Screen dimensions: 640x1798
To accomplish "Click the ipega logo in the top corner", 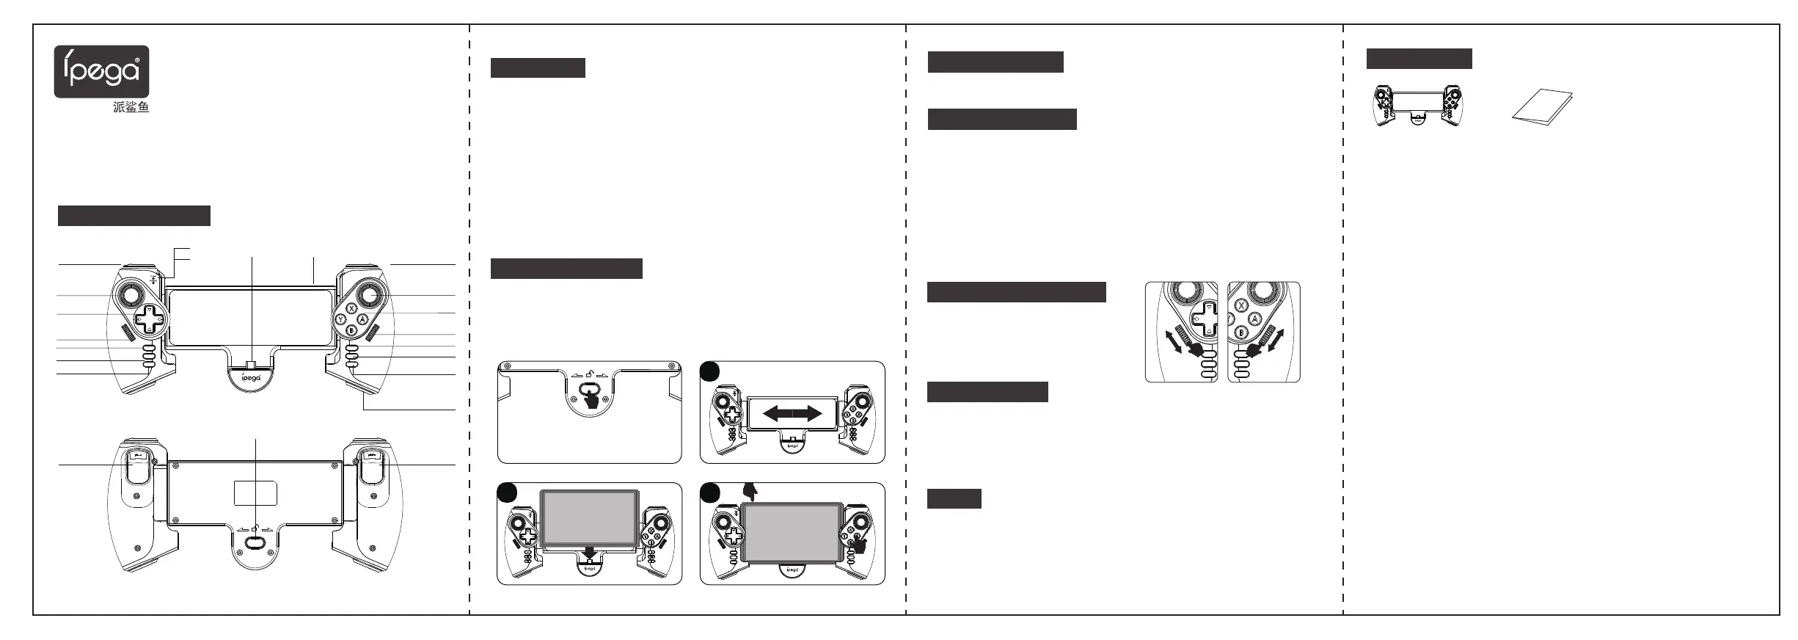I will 101,71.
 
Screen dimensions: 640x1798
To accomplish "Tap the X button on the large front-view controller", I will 351,309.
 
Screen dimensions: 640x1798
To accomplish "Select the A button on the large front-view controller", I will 362,319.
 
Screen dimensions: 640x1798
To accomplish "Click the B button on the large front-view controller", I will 351,330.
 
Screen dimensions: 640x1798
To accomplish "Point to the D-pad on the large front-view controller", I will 150,320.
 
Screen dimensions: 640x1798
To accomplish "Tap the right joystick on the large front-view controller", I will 368,295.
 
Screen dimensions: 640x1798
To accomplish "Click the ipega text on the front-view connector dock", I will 252,379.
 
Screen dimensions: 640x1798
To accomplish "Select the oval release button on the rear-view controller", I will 255,542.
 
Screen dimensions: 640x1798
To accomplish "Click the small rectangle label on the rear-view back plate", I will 255,493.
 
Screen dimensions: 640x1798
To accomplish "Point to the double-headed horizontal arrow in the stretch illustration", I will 792,414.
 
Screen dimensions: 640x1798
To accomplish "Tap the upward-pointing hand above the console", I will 750,491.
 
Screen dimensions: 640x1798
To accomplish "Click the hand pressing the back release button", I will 591,398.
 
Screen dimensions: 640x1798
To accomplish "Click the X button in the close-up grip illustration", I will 1241,306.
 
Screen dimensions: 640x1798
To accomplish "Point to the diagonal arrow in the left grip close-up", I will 1174,342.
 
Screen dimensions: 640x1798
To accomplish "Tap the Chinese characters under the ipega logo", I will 131,107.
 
